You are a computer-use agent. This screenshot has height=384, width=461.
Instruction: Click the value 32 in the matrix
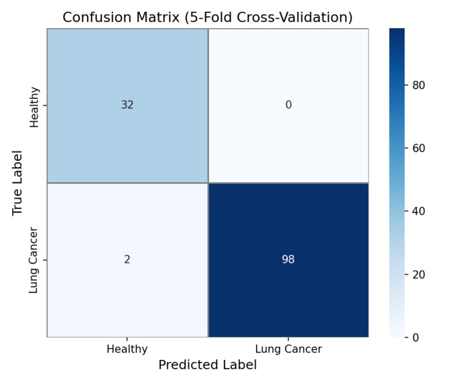pos(127,105)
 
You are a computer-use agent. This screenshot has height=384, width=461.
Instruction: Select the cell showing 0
pos(288,105)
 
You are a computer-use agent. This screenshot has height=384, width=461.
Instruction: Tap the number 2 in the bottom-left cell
pos(127,259)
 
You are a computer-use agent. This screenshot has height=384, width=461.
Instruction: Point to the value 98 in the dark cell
pos(288,259)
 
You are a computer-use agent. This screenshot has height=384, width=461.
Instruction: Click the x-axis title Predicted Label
pos(207,365)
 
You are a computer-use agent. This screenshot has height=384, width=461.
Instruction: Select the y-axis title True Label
pos(18,182)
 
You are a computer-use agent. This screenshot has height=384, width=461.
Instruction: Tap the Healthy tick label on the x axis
pos(127,349)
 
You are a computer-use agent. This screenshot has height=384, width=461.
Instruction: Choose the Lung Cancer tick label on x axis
pos(288,349)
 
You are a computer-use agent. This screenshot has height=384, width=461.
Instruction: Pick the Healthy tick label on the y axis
pos(35,107)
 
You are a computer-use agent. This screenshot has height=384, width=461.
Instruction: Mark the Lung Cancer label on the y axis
pos(35,260)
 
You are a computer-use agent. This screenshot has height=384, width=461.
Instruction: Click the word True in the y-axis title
pos(18,202)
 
